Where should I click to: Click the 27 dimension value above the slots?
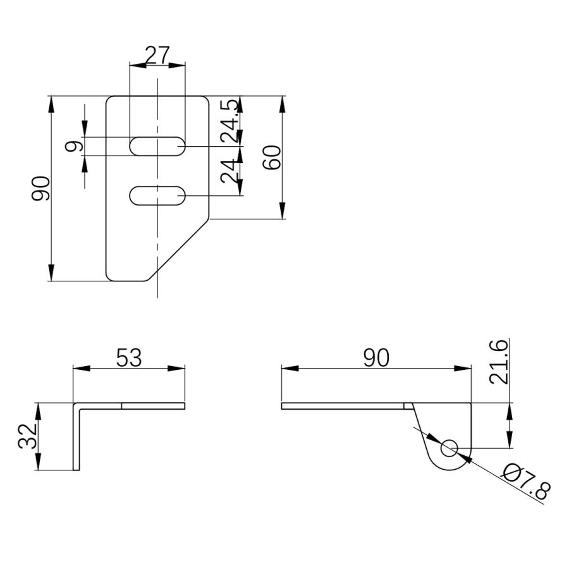click(x=157, y=55)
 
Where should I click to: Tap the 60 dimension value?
click(x=272, y=157)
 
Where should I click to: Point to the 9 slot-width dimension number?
click(x=74, y=146)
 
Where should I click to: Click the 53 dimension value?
click(x=129, y=357)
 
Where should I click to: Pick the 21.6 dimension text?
click(x=498, y=362)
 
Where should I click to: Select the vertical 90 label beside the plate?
click(x=40, y=188)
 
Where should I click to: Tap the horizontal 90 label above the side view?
click(x=376, y=357)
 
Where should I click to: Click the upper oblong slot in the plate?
click(x=157, y=146)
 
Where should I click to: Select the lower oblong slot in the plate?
click(x=157, y=195)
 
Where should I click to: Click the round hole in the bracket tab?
click(x=450, y=448)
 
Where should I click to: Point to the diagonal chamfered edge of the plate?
click(x=178, y=250)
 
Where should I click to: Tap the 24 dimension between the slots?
click(x=229, y=171)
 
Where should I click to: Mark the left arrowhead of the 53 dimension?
click(x=82, y=369)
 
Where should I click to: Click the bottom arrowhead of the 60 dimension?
click(x=283, y=211)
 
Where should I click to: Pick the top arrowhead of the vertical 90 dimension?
click(x=51, y=104)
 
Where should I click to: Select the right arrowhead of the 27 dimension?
click(x=177, y=65)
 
